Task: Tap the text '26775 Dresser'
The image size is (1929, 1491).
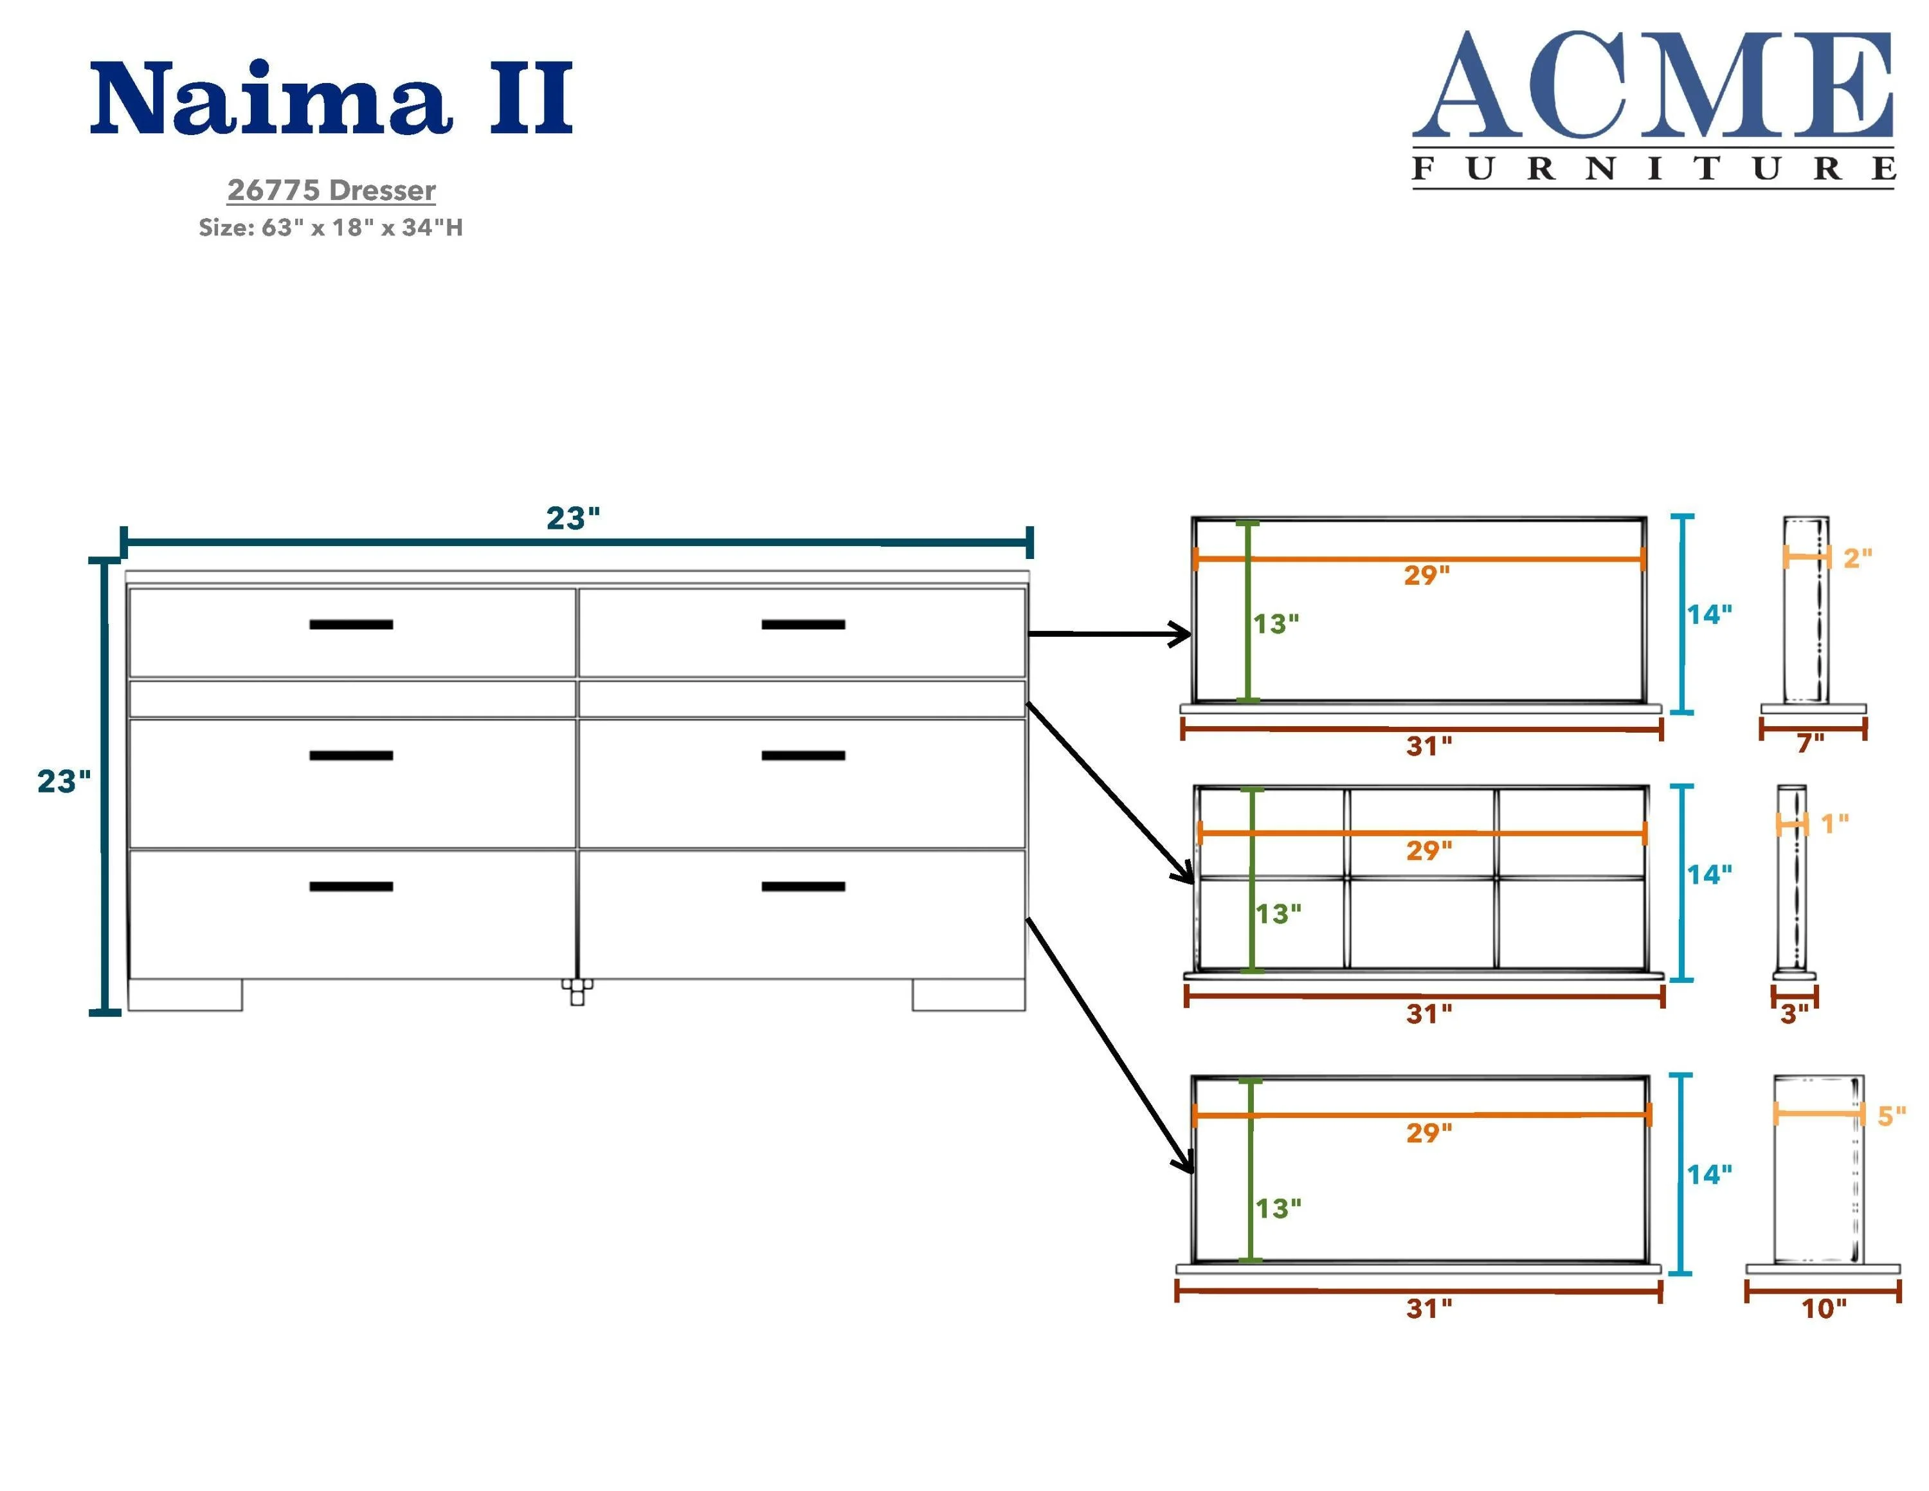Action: [331, 190]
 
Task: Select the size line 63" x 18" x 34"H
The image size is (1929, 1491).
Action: [331, 228]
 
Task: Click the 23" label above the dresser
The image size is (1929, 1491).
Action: [572, 518]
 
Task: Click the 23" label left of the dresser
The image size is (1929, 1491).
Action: [64, 781]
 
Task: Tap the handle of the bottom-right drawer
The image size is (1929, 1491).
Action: [803, 886]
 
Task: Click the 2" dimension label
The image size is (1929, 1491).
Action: [1856, 558]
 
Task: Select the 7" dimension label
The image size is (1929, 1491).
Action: [1810, 744]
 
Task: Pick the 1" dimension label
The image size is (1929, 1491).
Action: [1834, 824]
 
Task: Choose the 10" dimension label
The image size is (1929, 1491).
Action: [1823, 1308]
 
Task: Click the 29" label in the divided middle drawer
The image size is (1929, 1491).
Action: [1428, 850]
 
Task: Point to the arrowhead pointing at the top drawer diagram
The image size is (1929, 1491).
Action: [1181, 634]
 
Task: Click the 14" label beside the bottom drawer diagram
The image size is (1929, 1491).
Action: [1709, 1175]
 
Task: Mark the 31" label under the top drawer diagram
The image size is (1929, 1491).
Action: [1428, 746]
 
